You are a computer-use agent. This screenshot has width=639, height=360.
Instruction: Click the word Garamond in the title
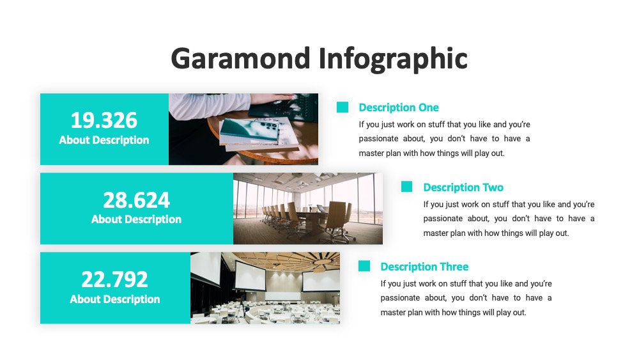point(241,58)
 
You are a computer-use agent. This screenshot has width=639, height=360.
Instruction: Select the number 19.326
point(104,120)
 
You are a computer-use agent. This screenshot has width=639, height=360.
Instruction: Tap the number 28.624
point(136,200)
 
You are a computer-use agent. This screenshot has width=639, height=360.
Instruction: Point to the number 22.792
point(114,279)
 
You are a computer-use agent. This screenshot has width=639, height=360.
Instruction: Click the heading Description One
point(399,107)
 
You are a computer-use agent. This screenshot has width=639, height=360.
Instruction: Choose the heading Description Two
point(463,187)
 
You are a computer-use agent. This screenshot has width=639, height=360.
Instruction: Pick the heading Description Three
point(425,267)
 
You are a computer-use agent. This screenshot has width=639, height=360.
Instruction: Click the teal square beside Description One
point(343,107)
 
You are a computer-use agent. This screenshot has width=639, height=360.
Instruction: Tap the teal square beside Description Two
point(406,187)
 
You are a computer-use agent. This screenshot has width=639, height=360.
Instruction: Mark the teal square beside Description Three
point(364,266)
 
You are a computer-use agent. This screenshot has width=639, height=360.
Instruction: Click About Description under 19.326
point(104,140)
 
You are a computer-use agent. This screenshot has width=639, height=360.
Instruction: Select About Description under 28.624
point(136,220)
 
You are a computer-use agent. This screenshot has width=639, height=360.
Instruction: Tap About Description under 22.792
point(114,299)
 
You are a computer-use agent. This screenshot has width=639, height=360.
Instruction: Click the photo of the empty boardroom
point(308,208)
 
